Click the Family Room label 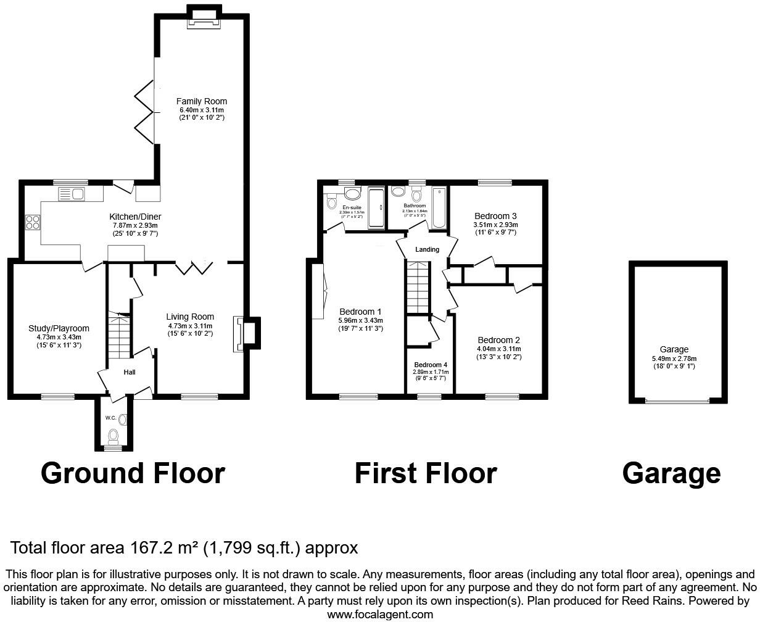pos(201,101)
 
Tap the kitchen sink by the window pos(72,194)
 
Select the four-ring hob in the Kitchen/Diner pos(32,222)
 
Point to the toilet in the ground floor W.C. pos(113,437)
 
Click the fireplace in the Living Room pos(239,334)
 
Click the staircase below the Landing pos(417,287)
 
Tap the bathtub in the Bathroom pos(439,208)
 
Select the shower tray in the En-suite pos(375,209)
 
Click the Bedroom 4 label pos(431,365)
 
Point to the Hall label pos(130,372)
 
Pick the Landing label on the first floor pos(427,249)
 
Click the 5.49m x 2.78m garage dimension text pos(674,358)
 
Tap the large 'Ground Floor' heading pos(133,473)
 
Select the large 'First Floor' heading pos(425,473)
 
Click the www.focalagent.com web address pos(380,614)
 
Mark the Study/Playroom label pos(59,328)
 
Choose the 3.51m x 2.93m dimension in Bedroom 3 pos(495,225)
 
